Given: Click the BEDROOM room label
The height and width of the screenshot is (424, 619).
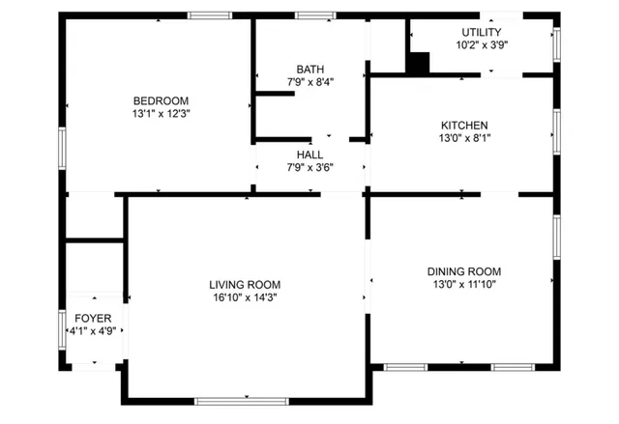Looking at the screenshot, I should (x=161, y=100).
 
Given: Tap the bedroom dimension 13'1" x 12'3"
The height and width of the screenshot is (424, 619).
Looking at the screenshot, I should (x=161, y=114).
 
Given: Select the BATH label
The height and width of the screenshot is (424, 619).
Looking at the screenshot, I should (x=310, y=70).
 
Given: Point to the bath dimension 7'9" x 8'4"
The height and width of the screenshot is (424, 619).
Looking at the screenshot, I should (x=310, y=83).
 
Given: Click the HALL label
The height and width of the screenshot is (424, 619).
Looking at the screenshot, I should (x=310, y=155).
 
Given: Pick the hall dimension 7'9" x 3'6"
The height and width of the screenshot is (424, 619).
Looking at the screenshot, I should (x=310, y=168).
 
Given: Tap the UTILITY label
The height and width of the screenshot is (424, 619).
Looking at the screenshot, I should (x=481, y=33).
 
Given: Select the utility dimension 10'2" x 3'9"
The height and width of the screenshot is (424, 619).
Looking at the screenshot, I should (x=481, y=45).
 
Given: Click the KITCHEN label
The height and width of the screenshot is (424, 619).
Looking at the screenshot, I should (x=464, y=126).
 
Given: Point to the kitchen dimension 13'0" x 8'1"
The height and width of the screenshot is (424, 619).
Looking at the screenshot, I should (x=464, y=138).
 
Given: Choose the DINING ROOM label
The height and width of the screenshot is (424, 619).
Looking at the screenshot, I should (x=464, y=271).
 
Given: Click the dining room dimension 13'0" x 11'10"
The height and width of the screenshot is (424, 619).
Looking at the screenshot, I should (x=464, y=285).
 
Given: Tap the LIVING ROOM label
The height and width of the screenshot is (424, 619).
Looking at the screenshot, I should (x=245, y=284).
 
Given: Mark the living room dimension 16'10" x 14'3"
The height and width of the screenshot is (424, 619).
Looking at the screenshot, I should (x=245, y=297).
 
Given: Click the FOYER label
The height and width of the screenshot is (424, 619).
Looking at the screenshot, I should (x=93, y=318).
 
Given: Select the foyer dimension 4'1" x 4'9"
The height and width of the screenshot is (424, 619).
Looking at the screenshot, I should (x=93, y=331).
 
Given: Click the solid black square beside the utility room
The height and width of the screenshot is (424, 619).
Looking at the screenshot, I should (x=417, y=63).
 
